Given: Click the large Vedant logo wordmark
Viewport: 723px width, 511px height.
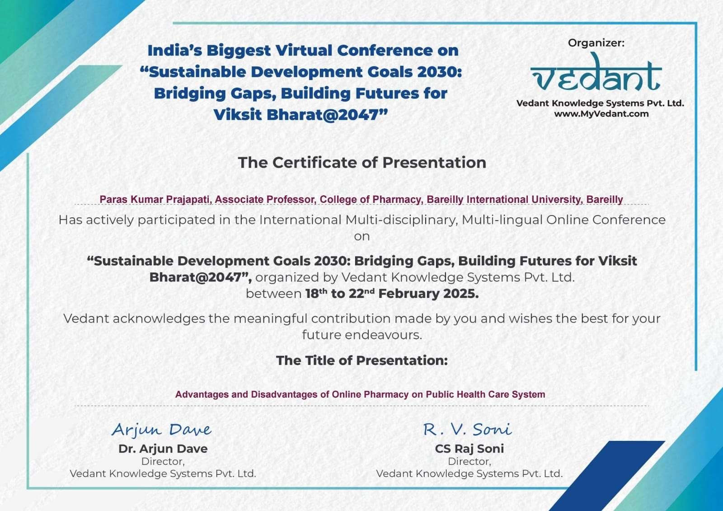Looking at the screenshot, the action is click(596, 73).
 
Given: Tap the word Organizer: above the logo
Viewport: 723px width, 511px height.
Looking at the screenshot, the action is click(596, 43).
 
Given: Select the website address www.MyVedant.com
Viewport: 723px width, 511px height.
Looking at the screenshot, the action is click(601, 114).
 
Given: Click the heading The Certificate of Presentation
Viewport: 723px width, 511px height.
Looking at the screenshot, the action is click(362, 162).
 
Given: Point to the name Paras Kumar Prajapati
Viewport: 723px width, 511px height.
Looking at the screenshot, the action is click(154, 200).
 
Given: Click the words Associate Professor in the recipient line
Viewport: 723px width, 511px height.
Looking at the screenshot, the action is click(265, 200).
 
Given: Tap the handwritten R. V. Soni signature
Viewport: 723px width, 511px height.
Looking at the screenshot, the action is click(467, 429).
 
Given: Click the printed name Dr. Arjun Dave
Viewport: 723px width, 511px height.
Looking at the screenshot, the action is click(163, 449).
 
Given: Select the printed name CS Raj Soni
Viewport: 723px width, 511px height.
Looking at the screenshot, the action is click(469, 449).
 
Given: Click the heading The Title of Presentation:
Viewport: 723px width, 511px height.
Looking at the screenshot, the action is click(362, 361).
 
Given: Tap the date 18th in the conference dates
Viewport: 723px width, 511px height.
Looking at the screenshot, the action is click(316, 293).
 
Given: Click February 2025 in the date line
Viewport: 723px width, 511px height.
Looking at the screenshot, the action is click(428, 294).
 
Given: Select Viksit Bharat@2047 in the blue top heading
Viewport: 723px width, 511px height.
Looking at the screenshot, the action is click(300, 115).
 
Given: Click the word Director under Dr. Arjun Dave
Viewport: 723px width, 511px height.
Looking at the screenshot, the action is click(163, 462).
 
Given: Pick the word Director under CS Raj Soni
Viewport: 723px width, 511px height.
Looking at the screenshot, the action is click(469, 462).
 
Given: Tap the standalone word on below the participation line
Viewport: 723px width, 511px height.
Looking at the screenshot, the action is click(362, 237).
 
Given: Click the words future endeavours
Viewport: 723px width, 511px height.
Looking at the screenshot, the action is click(362, 335).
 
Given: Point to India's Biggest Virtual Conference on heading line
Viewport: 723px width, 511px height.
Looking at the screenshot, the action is click(303, 51).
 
